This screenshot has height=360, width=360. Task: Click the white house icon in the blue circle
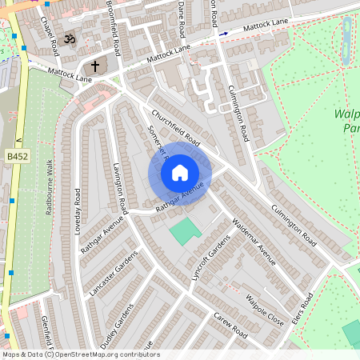point(180,172)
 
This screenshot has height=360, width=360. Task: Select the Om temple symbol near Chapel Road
point(69,38)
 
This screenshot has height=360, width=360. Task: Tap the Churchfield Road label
point(175,126)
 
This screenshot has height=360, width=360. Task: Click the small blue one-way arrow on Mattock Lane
point(224,34)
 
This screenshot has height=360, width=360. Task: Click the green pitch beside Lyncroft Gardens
point(186,232)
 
